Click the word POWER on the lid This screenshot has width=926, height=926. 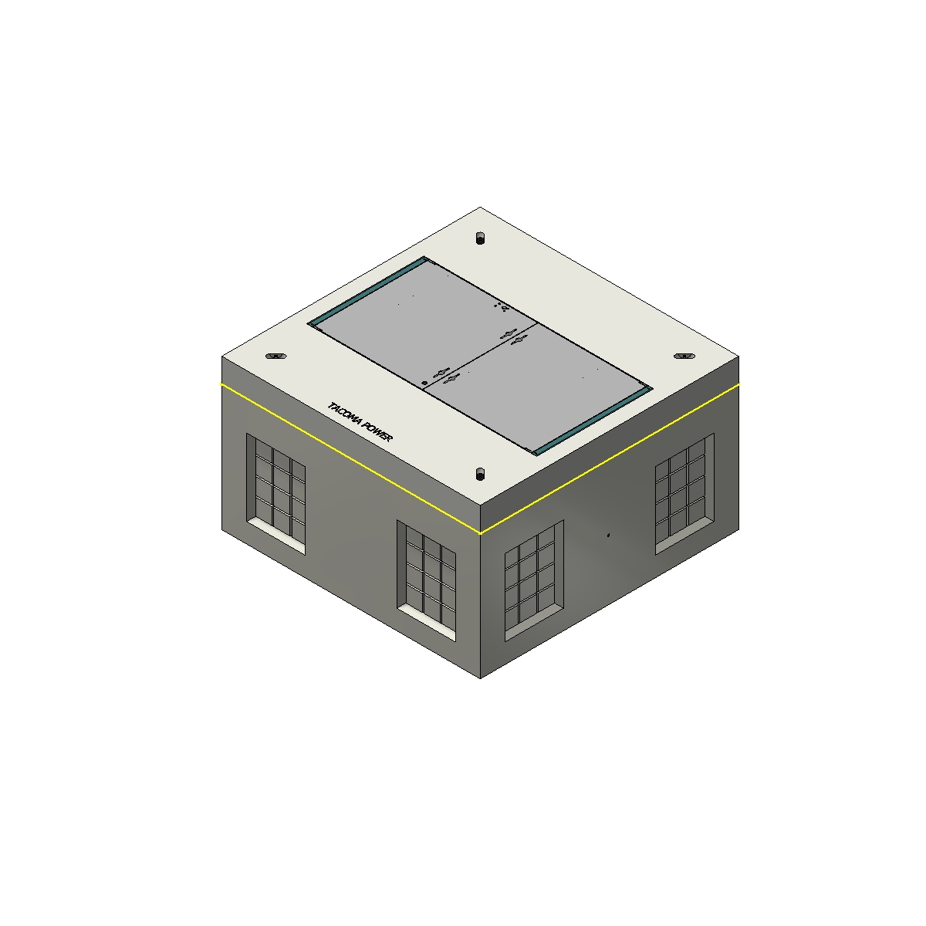pyautogui.click(x=377, y=432)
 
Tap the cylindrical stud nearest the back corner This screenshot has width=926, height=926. pyautogui.click(x=480, y=238)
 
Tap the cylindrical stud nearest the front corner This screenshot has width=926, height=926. pyautogui.click(x=480, y=475)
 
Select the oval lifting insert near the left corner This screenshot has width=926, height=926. pyautogui.click(x=275, y=356)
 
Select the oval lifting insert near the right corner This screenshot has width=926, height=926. pyautogui.click(x=684, y=356)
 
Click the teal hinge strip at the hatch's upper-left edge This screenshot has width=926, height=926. pyautogui.click(x=367, y=292)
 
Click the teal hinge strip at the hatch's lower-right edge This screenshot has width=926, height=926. pyautogui.click(x=592, y=421)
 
